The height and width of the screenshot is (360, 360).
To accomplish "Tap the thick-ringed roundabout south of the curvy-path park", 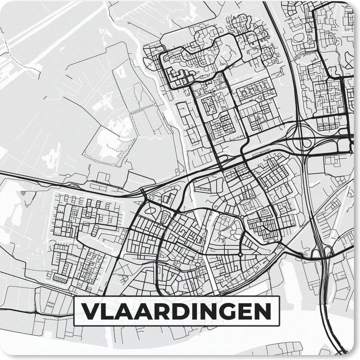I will (240, 255).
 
